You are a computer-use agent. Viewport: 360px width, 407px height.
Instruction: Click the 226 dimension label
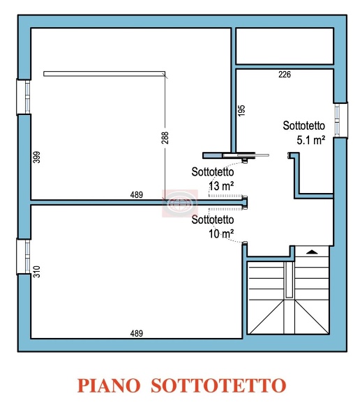point(285,75)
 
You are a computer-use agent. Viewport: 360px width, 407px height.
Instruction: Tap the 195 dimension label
point(241,111)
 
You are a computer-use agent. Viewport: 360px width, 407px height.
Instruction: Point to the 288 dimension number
point(165,138)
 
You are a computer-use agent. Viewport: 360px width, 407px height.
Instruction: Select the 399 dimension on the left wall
point(37,157)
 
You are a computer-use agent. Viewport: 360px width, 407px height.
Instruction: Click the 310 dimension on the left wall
point(37,272)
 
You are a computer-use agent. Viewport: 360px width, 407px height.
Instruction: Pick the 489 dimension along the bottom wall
point(137,333)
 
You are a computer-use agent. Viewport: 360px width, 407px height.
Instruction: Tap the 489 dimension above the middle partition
point(137,194)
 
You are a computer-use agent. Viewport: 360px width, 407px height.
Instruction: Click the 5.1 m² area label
point(311,140)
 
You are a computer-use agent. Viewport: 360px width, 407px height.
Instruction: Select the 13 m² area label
point(221,186)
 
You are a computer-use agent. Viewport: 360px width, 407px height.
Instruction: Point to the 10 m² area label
point(221,234)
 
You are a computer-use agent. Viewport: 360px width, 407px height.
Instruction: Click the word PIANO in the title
point(109,385)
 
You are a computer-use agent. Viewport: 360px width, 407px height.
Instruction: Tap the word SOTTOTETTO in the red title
point(218,385)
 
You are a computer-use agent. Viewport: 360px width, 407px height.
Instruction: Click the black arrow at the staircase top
point(312,252)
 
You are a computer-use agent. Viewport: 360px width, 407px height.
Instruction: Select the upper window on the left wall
point(24,97)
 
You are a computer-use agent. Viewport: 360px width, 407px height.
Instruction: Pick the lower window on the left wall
point(24,256)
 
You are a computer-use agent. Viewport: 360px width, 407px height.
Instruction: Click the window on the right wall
point(340,120)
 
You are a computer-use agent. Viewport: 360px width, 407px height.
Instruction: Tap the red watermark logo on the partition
point(180,203)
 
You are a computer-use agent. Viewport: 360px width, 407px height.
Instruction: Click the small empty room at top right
point(285,46)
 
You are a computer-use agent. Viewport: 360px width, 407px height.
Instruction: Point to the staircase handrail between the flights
point(289,279)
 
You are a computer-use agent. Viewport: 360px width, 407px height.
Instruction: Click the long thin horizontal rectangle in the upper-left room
point(105,74)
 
